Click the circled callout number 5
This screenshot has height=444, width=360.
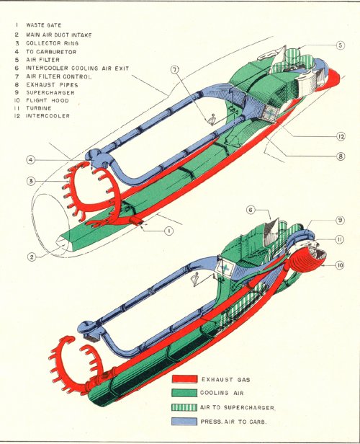[x=341, y=45]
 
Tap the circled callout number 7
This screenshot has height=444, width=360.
[x=175, y=69]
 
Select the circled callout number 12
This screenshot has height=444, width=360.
[x=341, y=136]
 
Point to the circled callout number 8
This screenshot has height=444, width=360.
[x=341, y=156]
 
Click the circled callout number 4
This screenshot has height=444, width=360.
[x=31, y=160]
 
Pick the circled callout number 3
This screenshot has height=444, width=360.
[x=31, y=181]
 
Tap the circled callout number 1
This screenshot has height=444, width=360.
[x=168, y=231]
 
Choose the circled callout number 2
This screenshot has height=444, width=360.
[x=32, y=257]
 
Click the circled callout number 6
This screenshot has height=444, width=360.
[x=251, y=210]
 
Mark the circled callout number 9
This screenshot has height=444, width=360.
[x=340, y=220]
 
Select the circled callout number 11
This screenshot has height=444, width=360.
[x=340, y=239]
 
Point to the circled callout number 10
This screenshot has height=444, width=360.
[x=340, y=265]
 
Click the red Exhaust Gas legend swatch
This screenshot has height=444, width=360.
[x=184, y=379]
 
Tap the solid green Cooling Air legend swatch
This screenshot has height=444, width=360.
[x=184, y=393]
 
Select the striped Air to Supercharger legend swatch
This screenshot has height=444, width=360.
[x=184, y=407]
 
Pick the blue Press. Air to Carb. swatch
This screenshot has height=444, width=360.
[x=184, y=422]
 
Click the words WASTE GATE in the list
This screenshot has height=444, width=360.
[x=43, y=25]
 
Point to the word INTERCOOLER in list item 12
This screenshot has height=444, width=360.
[x=48, y=116]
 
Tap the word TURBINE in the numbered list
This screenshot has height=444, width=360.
[x=39, y=108]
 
